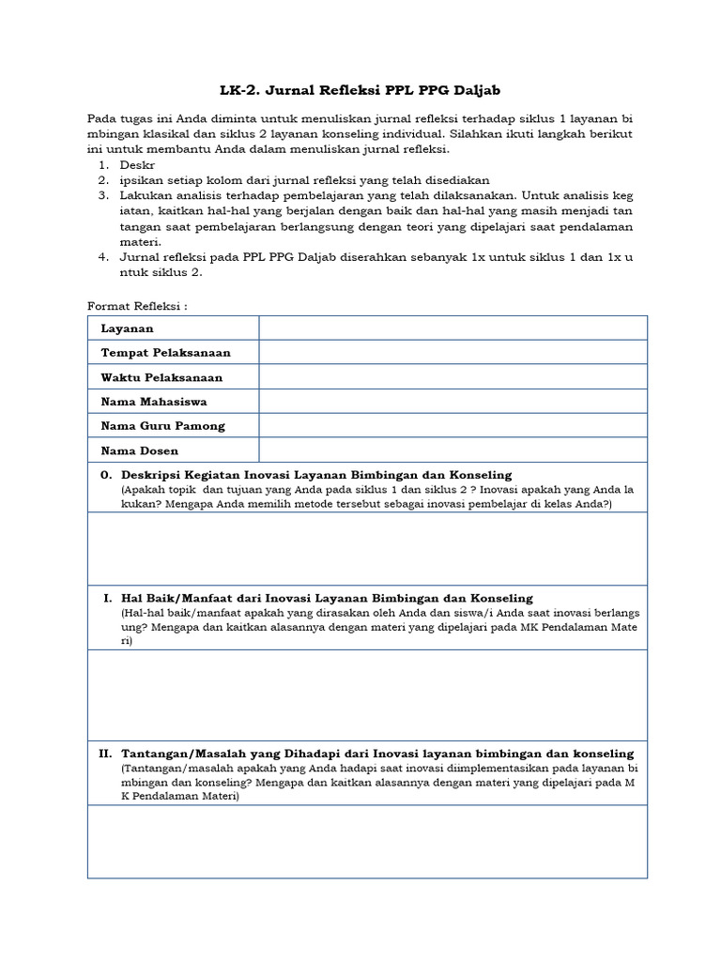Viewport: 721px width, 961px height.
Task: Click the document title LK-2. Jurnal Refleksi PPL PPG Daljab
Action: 360,90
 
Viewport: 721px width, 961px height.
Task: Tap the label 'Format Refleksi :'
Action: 137,306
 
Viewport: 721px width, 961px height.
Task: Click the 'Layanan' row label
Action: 127,328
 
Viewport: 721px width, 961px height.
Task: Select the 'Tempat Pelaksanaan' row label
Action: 165,353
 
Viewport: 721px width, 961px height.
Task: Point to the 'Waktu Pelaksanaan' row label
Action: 161,377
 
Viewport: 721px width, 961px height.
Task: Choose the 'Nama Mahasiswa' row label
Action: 154,402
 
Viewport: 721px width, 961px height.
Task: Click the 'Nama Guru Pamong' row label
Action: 162,426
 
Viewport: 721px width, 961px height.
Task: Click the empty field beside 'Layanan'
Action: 453,328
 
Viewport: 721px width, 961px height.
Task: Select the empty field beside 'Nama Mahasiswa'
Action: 453,402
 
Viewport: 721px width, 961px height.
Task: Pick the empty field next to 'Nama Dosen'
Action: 453,450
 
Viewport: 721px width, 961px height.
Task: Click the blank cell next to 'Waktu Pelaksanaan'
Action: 453,377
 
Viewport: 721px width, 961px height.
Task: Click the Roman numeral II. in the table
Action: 105,754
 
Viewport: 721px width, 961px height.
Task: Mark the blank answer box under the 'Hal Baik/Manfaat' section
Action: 367,694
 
